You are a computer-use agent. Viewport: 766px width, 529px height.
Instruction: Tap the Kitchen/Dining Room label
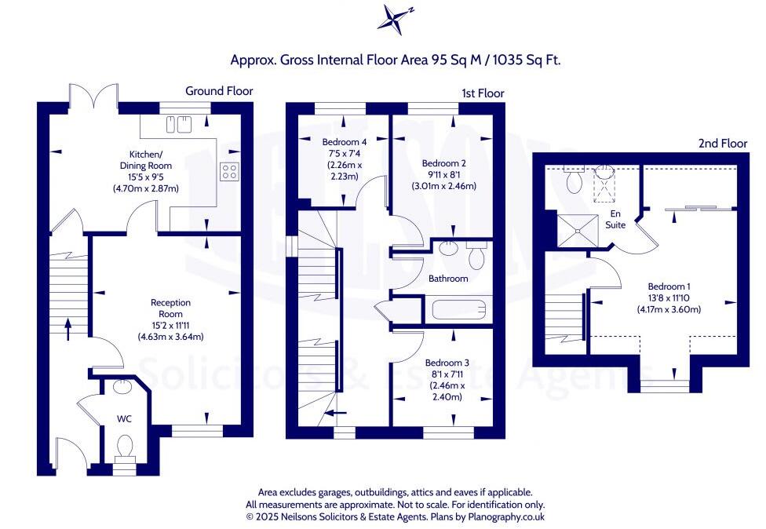[148, 160]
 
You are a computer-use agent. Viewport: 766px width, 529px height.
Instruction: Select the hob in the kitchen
[230, 170]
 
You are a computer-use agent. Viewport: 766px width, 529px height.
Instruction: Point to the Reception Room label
[170, 302]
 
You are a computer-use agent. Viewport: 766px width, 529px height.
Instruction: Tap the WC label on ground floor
[123, 418]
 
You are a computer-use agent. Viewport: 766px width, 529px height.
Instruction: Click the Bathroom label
[448, 279]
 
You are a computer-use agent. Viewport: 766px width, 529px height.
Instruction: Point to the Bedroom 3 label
[447, 363]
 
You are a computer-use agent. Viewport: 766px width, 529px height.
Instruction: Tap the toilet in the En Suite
[573, 181]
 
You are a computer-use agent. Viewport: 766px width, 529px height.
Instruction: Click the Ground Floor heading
[219, 91]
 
